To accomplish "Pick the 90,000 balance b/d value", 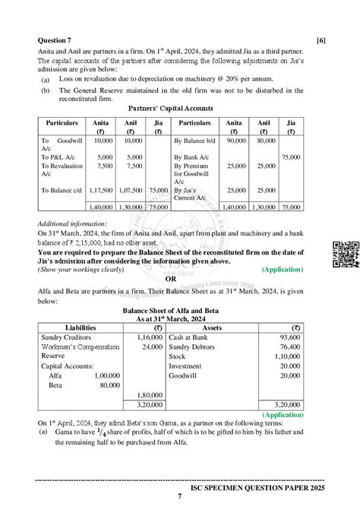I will pos(235,141).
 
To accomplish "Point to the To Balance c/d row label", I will pos(61,190).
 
